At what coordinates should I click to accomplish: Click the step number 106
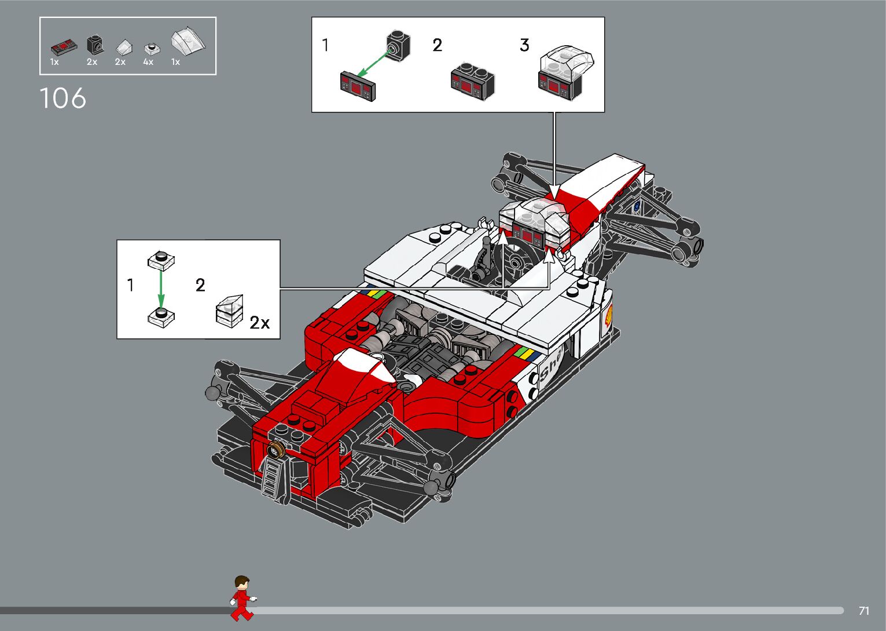point(63,99)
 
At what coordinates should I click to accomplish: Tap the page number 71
point(864,611)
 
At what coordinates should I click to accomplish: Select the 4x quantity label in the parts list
point(148,62)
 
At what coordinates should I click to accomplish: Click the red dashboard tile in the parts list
point(63,45)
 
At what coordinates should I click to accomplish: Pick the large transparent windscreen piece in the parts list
point(188,41)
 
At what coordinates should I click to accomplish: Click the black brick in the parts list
point(95,44)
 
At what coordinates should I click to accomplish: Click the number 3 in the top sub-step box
point(524,45)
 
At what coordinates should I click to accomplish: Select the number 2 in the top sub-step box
point(437,45)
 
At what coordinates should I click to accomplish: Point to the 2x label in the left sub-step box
point(260,323)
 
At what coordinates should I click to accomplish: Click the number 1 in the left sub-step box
point(131,285)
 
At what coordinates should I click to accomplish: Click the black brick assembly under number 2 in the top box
point(472,81)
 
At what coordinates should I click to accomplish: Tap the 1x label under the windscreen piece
point(175,62)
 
